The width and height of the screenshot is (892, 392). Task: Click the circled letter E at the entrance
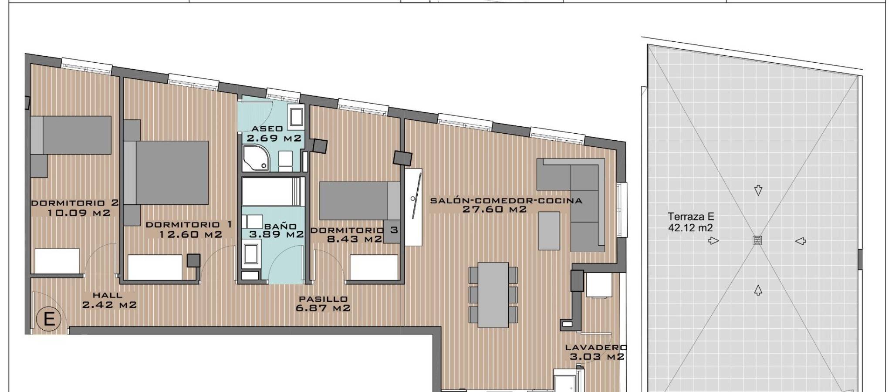(x=49, y=320)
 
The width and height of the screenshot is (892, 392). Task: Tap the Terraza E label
(x=691, y=216)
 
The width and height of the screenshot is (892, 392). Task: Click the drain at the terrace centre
(x=758, y=240)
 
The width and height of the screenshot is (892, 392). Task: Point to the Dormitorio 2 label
(x=75, y=203)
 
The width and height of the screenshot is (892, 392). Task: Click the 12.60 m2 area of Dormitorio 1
(x=191, y=234)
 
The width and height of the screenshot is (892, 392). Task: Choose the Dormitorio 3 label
(x=354, y=230)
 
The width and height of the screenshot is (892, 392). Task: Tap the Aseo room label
(x=267, y=128)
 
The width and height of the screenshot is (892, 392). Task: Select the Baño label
(x=280, y=226)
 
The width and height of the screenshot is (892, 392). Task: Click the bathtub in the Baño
(x=273, y=191)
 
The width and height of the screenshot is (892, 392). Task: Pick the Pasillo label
(x=323, y=299)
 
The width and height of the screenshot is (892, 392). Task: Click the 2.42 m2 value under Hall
(x=109, y=305)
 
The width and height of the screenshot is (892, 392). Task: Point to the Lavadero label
(x=596, y=348)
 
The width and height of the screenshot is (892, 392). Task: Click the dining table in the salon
(x=493, y=294)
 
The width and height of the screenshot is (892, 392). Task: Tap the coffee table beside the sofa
(x=549, y=230)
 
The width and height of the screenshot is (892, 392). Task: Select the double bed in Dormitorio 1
(x=166, y=172)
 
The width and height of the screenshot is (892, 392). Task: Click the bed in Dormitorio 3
(x=360, y=201)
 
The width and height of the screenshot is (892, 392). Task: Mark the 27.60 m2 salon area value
(x=494, y=210)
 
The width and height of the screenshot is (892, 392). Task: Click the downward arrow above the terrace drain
(x=758, y=190)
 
